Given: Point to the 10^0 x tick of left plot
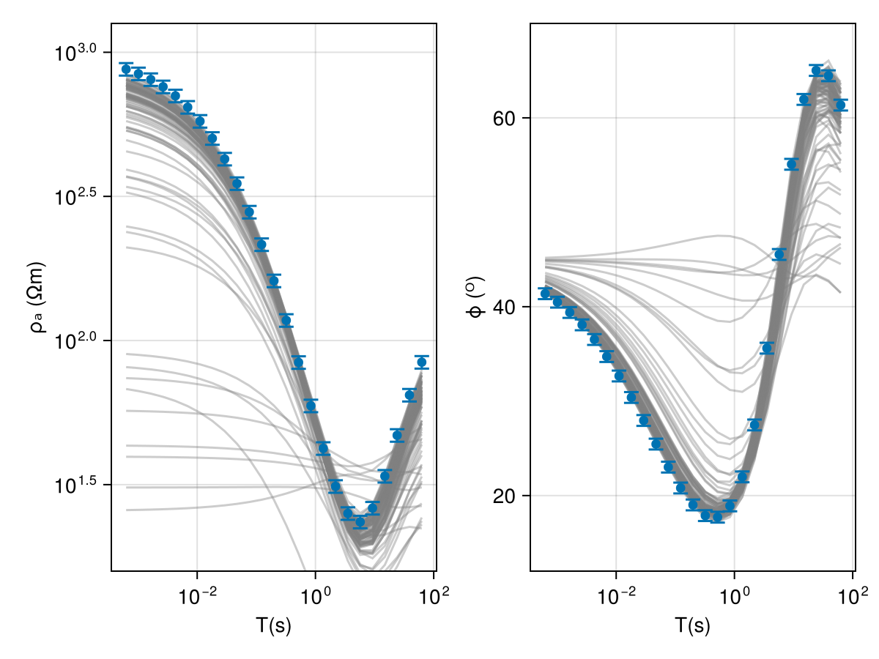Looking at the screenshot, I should pos(315,592).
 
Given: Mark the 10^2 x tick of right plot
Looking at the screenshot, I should pos(852,592).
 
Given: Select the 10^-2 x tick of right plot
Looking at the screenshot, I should pos(615,592).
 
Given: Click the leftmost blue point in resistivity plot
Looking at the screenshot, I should pos(126,69).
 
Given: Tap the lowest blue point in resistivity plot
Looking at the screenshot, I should pos(360,522).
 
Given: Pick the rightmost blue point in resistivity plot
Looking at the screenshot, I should pos(421,362).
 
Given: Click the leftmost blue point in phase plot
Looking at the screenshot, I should pos(545,293).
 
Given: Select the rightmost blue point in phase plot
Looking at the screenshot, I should pos(840,105).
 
